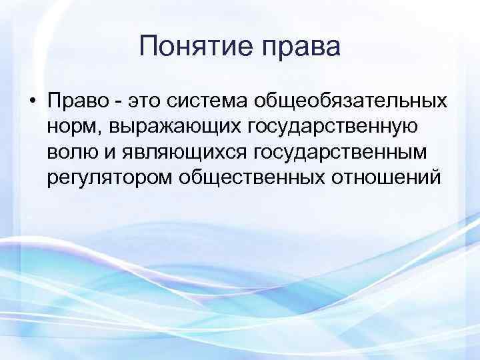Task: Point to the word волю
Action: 71,153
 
